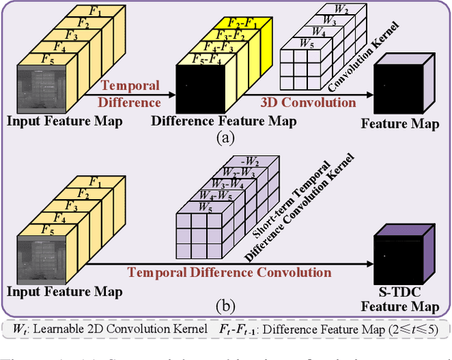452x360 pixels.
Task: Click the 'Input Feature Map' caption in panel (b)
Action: tap(65, 292)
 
